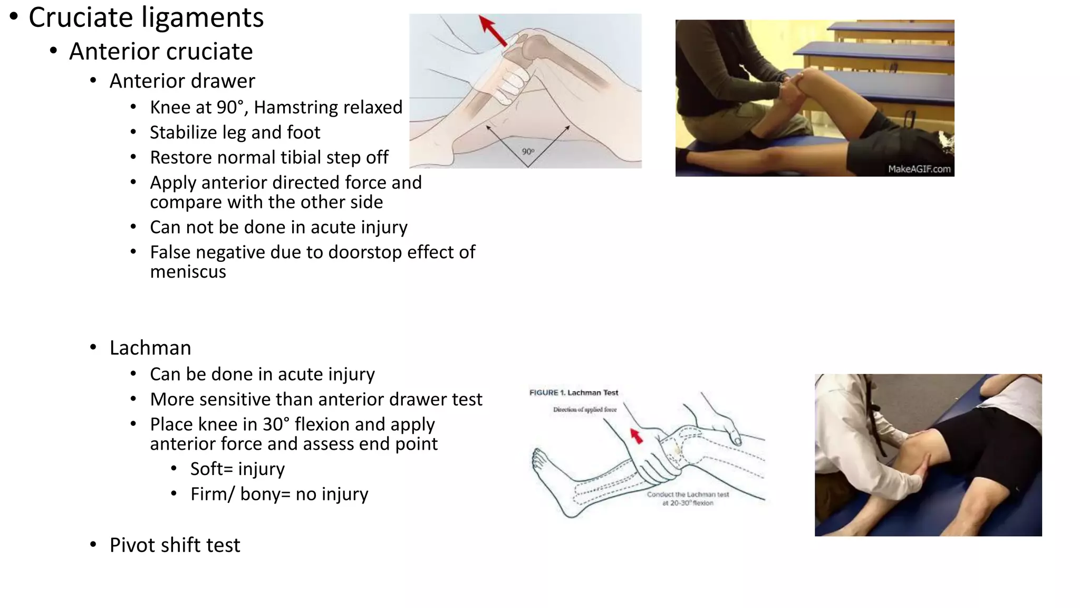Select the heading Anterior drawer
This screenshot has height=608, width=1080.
tap(182, 81)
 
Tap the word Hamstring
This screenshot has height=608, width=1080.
tap(296, 107)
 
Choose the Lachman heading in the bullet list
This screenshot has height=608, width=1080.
tap(150, 348)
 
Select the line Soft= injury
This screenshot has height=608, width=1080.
tap(237, 469)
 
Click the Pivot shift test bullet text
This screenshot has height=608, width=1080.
tap(175, 545)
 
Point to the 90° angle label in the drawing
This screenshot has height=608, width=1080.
tap(528, 152)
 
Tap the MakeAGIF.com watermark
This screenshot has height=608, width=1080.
tap(919, 169)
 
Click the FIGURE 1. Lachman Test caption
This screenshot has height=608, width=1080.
tap(574, 393)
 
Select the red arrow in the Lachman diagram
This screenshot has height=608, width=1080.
tap(637, 436)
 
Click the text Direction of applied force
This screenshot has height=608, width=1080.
tap(584, 410)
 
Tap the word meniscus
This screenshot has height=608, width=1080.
tap(188, 272)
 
